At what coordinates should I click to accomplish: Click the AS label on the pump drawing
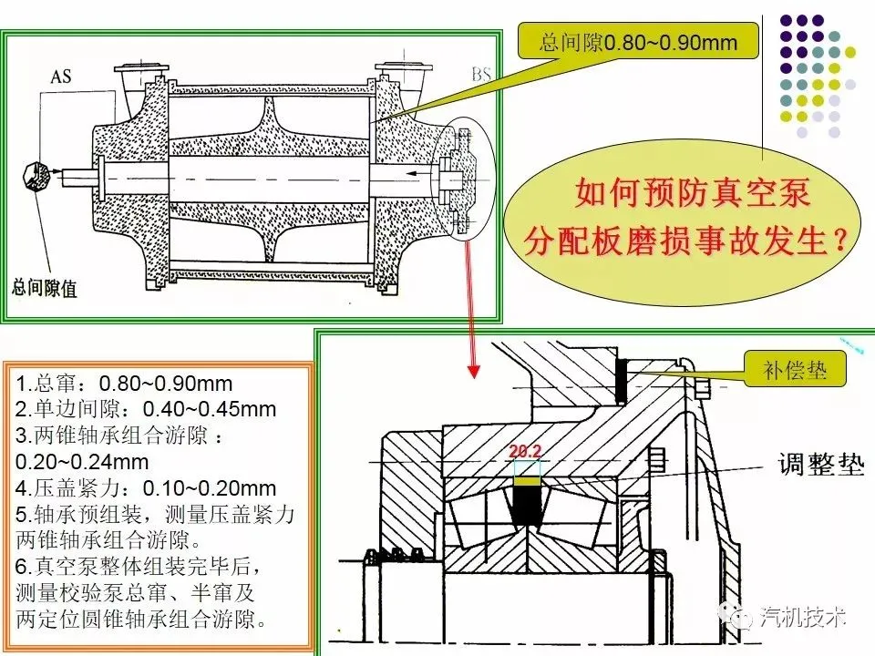pyautogui.click(x=61, y=77)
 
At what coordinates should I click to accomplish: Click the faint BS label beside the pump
pyautogui.click(x=481, y=74)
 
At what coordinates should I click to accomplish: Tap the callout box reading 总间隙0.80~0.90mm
pyautogui.click(x=638, y=41)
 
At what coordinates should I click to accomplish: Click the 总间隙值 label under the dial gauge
pyautogui.click(x=44, y=288)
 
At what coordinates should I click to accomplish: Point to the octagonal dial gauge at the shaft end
pyautogui.click(x=36, y=178)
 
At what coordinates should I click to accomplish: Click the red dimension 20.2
pyautogui.click(x=525, y=451)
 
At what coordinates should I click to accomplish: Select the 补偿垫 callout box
pyautogui.click(x=795, y=369)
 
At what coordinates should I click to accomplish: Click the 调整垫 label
pyautogui.click(x=821, y=464)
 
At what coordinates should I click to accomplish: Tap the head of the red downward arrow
pyautogui.click(x=474, y=371)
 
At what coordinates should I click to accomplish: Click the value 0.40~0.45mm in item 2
pyautogui.click(x=210, y=409)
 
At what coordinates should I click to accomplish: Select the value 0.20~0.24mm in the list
pyautogui.click(x=82, y=462)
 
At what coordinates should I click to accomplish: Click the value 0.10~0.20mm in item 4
pyautogui.click(x=210, y=488)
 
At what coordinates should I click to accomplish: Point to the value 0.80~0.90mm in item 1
pyautogui.click(x=166, y=384)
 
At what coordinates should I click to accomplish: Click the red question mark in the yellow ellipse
pyautogui.click(x=839, y=241)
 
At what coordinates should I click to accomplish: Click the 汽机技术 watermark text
pyautogui.click(x=803, y=617)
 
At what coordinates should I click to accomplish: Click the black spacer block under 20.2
pyautogui.click(x=528, y=506)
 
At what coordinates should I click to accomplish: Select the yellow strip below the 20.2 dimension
pyautogui.click(x=528, y=481)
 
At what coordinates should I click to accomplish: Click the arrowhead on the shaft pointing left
pyautogui.click(x=411, y=173)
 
